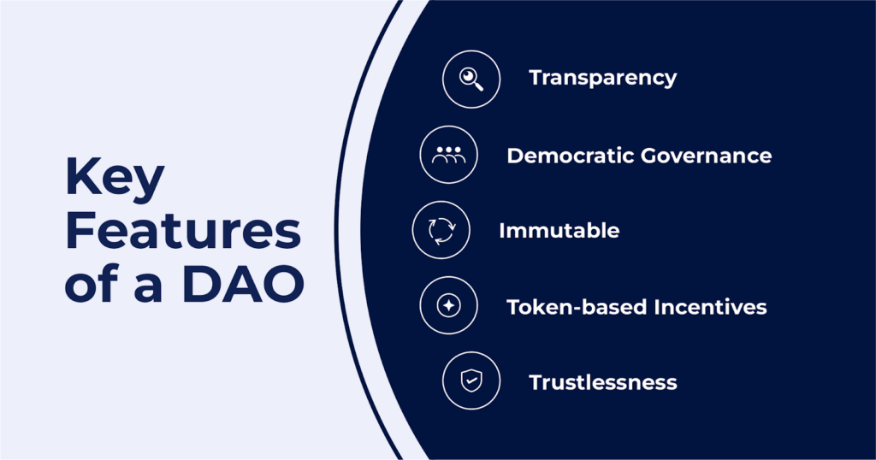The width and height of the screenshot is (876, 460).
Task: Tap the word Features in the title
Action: (183, 231)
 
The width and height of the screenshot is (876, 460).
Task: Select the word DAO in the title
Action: (243, 284)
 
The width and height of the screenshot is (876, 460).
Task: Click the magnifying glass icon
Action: (471, 80)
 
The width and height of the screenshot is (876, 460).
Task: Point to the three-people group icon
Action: (448, 155)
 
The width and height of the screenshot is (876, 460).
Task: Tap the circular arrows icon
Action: (441, 230)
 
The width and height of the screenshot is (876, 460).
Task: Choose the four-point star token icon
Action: (448, 305)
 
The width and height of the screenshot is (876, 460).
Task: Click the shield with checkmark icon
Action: (471, 380)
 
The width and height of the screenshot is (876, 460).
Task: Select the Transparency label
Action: (603, 78)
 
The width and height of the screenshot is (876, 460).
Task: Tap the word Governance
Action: (706, 156)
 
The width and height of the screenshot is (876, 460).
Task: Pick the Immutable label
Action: (559, 231)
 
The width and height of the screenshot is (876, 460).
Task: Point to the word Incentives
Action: (710, 307)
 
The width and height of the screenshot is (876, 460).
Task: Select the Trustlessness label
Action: (603, 382)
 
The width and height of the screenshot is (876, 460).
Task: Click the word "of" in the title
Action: (89, 284)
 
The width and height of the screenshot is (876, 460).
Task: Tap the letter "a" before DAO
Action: (148, 289)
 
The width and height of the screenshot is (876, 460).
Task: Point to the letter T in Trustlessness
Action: (537, 382)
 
